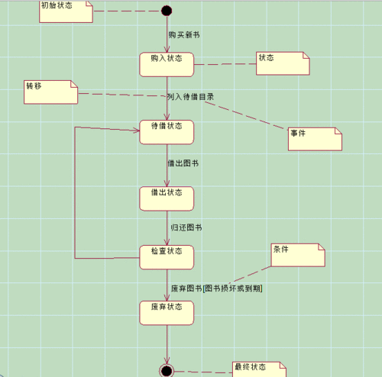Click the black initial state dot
point(167,11)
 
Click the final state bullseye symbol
point(167,371)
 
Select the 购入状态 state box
point(167,64)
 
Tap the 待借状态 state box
point(167,131)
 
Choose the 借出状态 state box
point(167,198)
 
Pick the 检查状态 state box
point(167,256)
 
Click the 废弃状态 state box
point(167,311)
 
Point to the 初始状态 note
point(66,11)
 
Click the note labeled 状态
point(283,63)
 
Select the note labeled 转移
point(51,92)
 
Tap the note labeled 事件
point(314,139)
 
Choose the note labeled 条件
point(298,256)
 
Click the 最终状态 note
point(259,369)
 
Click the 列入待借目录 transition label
point(190,97)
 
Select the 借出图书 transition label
point(183,163)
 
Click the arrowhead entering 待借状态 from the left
point(136,131)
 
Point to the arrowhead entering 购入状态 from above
point(167,49)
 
